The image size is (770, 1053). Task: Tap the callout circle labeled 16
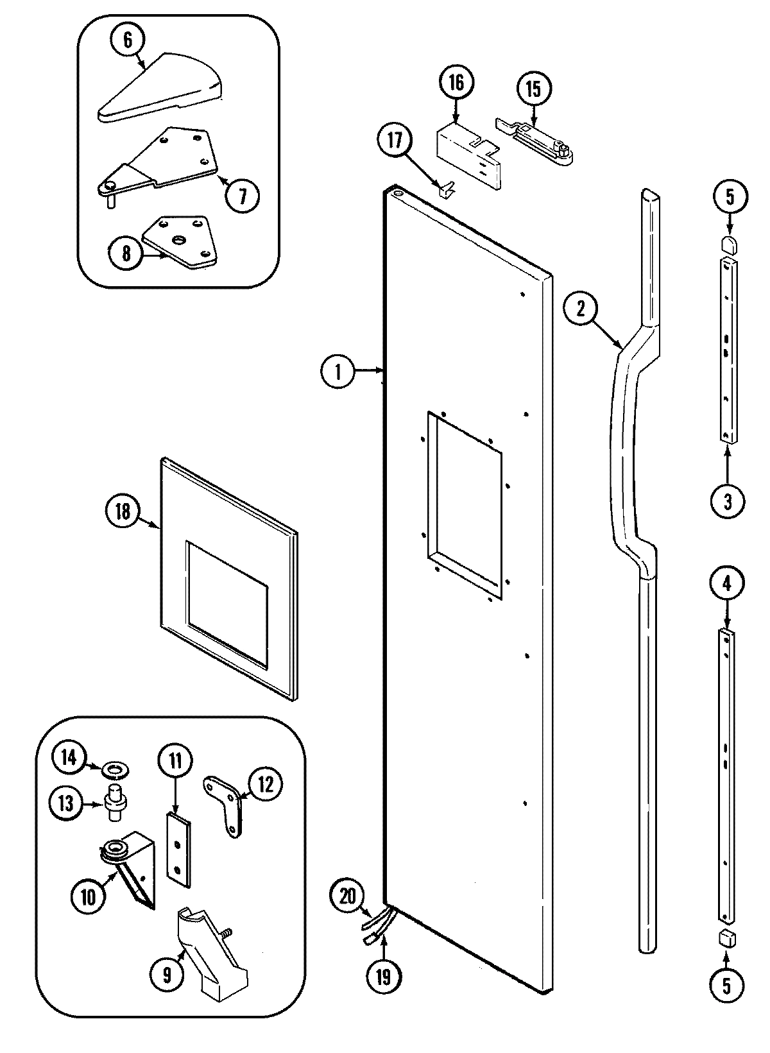(x=456, y=83)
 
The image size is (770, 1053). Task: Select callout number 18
(x=123, y=511)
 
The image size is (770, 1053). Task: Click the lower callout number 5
(x=726, y=985)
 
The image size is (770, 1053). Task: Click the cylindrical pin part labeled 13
(x=116, y=802)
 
